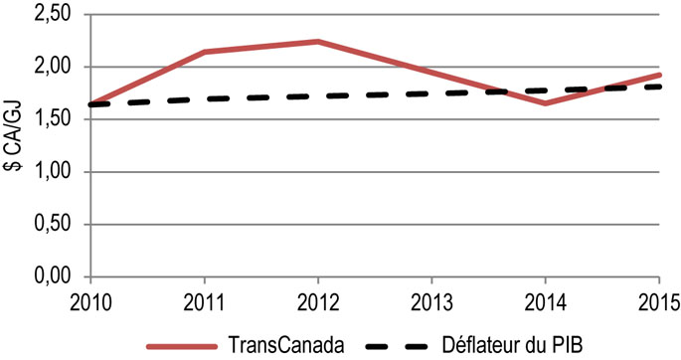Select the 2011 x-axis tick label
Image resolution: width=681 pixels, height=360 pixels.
(204, 300)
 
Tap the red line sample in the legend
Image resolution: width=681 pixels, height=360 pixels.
(183, 345)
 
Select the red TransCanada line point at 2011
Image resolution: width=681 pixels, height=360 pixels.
(204, 52)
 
